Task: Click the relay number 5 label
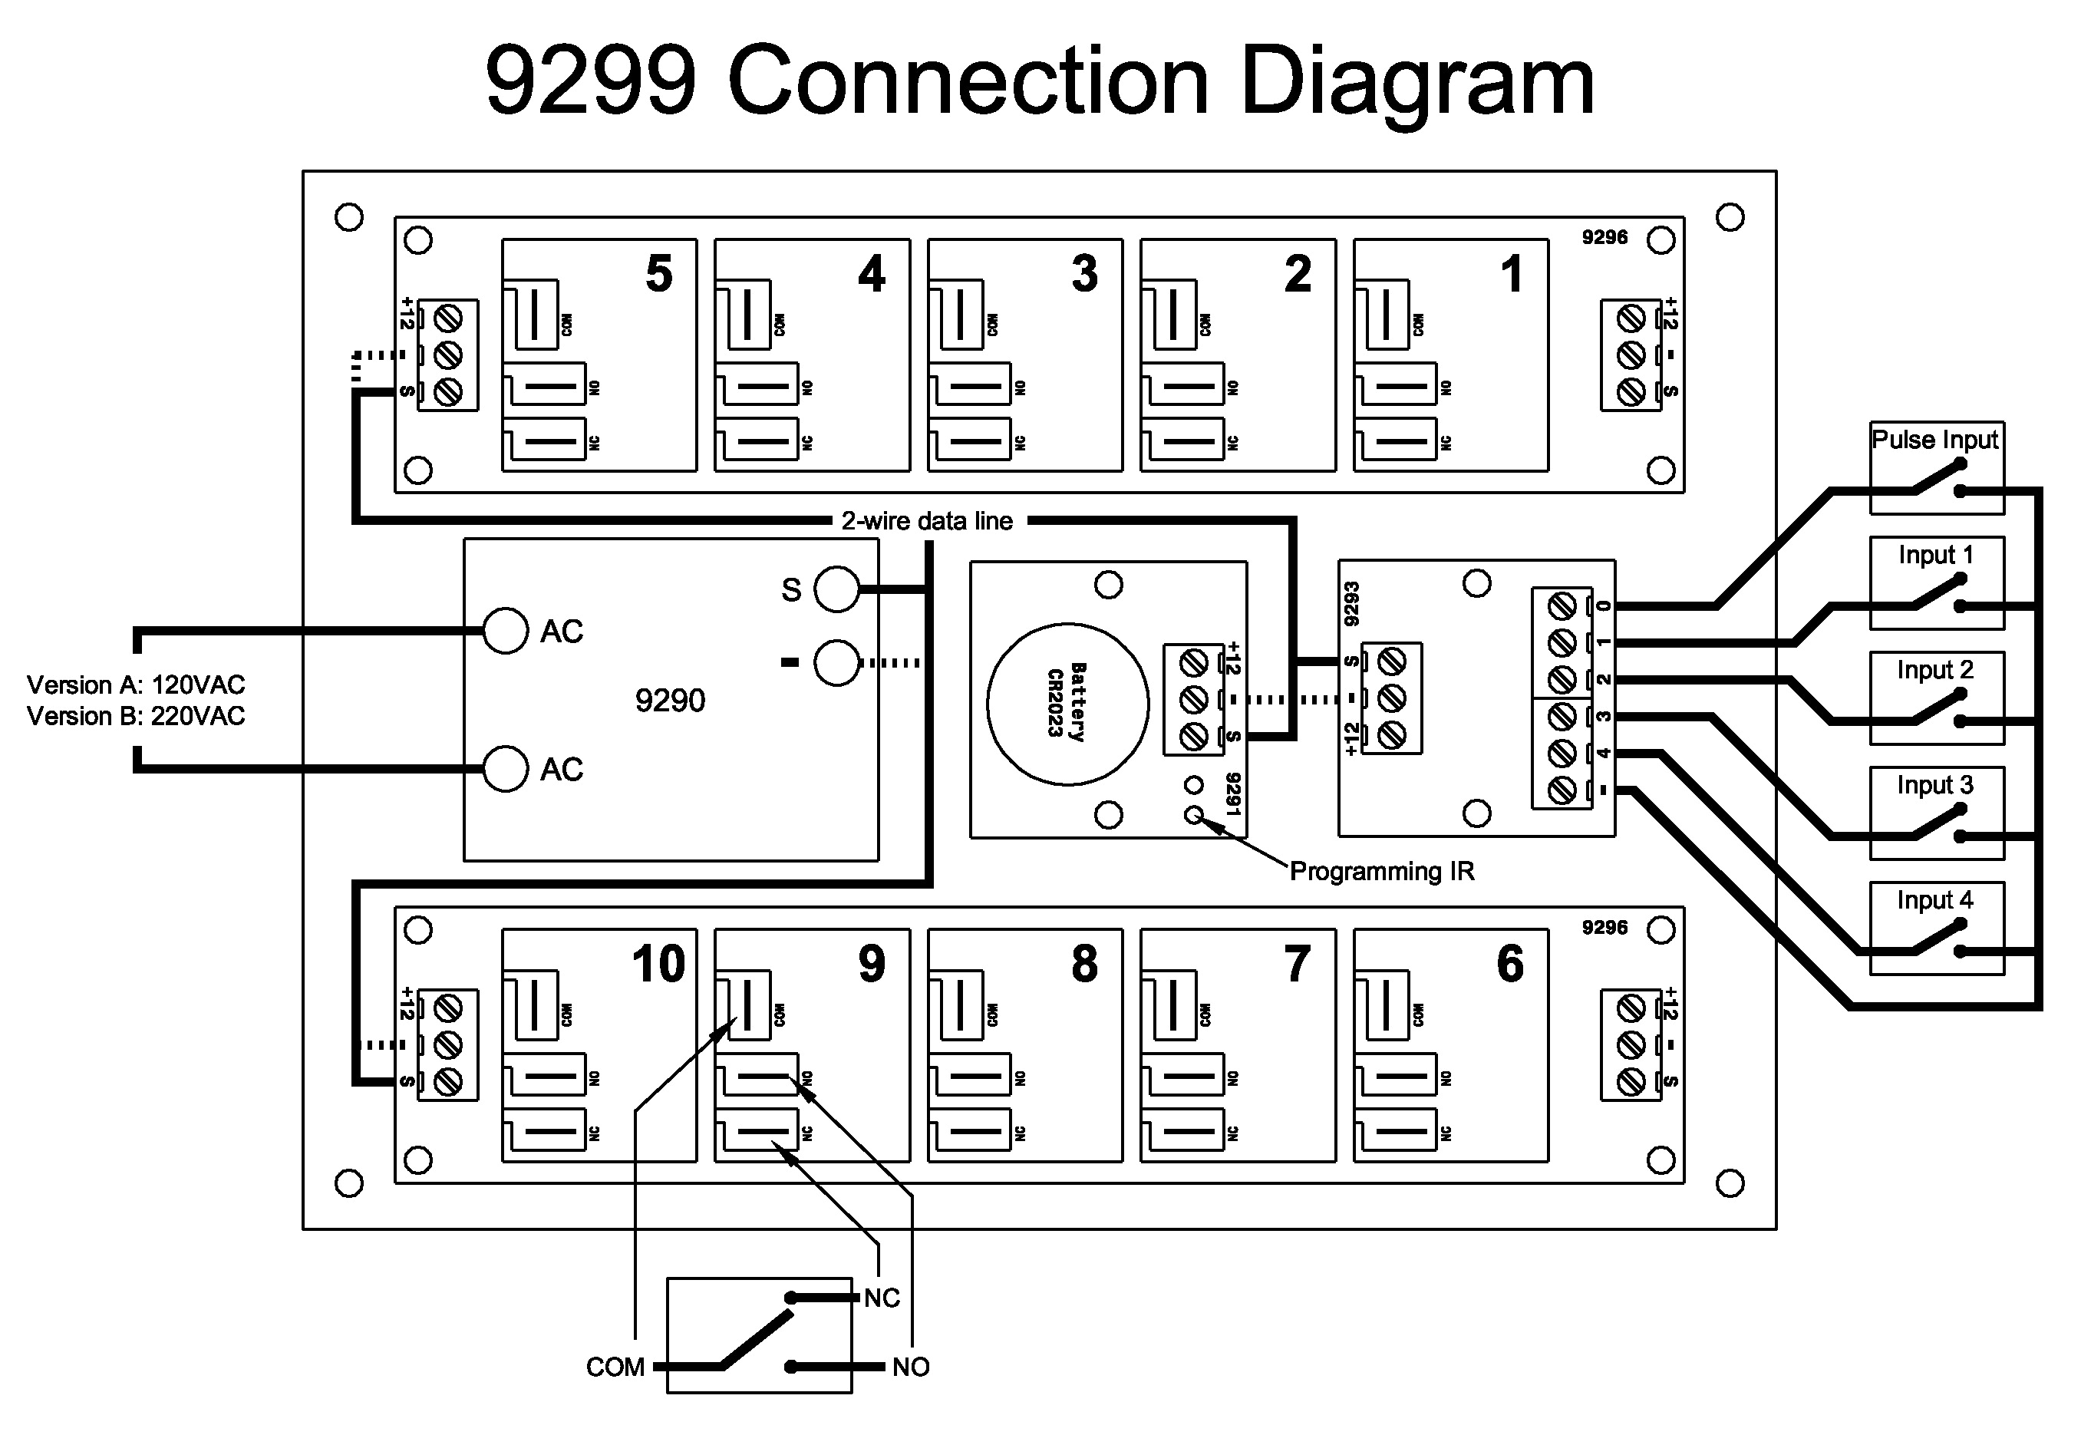click(x=659, y=273)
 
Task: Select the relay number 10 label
click(x=659, y=964)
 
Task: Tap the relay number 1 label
click(x=1512, y=273)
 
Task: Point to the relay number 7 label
click(x=1297, y=964)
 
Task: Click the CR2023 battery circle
click(x=1067, y=704)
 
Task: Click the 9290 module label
click(x=670, y=701)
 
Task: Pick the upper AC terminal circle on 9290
click(x=505, y=632)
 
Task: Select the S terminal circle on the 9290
click(x=837, y=589)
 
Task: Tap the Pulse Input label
click(x=1934, y=440)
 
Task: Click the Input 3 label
click(x=1934, y=785)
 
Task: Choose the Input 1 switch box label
click(x=1934, y=555)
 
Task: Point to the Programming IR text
click(x=1382, y=871)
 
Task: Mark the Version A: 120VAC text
click(x=136, y=685)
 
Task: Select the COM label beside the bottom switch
click(x=615, y=1367)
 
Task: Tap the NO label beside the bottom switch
click(x=911, y=1367)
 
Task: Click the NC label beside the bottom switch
click(x=882, y=1298)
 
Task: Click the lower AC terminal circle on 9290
click(x=505, y=769)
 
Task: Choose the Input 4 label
click(x=1934, y=900)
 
